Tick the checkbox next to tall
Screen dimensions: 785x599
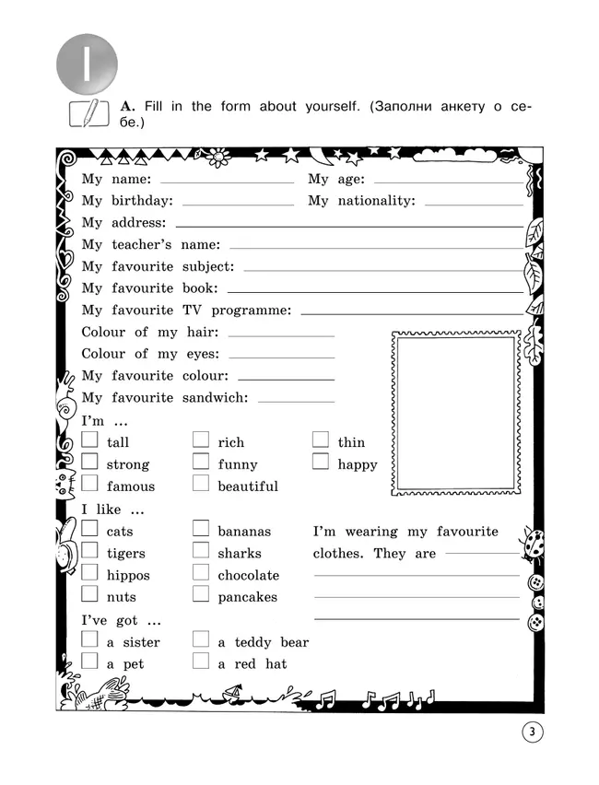tap(89, 440)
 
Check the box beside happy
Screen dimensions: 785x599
tap(320, 462)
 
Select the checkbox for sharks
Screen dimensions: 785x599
tap(201, 551)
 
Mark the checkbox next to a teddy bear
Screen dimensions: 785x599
tap(201, 639)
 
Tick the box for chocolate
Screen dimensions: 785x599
tap(201, 573)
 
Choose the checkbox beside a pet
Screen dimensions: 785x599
tap(89, 661)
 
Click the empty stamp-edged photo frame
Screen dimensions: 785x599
tap(456, 409)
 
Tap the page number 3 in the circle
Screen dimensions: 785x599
tap(533, 733)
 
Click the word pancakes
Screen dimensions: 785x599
tap(247, 597)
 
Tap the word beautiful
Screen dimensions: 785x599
tap(248, 486)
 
